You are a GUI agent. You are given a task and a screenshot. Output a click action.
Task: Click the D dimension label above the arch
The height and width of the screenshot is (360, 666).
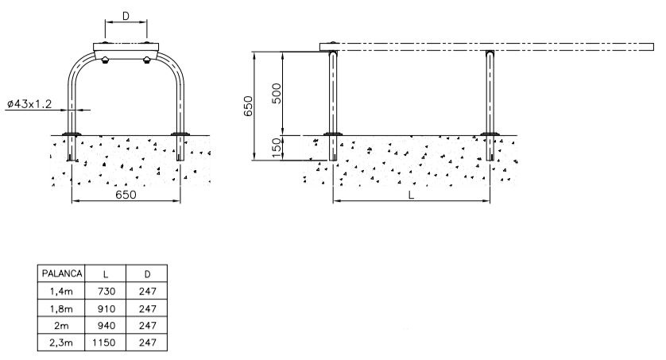[x=126, y=16]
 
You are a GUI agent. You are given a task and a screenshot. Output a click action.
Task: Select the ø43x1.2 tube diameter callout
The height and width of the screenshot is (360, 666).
[x=29, y=103]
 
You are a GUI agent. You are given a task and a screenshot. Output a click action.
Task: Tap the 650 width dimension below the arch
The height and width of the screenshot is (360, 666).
[x=126, y=195]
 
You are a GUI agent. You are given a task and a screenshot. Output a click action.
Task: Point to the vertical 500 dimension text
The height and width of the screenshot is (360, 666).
[x=276, y=94]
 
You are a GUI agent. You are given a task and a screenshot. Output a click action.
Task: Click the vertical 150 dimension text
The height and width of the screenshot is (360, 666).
[x=276, y=148]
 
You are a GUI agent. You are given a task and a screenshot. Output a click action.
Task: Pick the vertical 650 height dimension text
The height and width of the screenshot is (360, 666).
[x=248, y=106]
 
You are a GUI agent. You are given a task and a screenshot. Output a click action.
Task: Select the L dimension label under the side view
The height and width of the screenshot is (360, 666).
[x=411, y=195]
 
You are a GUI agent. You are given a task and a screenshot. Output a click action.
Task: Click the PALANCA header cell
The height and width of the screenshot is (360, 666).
[x=61, y=274]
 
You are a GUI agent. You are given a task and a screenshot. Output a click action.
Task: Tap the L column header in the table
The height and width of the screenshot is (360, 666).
[x=106, y=274]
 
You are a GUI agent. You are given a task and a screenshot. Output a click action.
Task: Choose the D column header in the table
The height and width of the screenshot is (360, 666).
[x=147, y=274]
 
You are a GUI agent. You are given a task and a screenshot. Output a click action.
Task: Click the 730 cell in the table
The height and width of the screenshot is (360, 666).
[x=106, y=291]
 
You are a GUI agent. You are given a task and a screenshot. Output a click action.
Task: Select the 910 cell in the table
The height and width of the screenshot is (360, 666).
[x=106, y=308]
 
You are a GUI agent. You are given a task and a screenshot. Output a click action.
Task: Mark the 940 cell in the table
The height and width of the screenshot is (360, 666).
[x=106, y=326]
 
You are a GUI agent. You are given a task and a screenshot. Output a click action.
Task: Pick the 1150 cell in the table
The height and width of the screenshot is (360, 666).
[x=103, y=343]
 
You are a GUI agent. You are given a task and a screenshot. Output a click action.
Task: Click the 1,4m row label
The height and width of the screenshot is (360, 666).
[x=61, y=292]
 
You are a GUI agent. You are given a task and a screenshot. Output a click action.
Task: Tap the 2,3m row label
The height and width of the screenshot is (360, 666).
[x=61, y=343]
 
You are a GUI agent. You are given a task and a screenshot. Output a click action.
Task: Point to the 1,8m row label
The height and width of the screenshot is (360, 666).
[x=61, y=309]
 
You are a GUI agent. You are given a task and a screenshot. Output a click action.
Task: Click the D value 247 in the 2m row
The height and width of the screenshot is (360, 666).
[x=147, y=326]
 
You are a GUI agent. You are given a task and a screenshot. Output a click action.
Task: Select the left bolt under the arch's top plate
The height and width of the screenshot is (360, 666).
[x=105, y=60]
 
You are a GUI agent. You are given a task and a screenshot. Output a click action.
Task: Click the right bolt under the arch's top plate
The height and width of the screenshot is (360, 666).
[x=146, y=60]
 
